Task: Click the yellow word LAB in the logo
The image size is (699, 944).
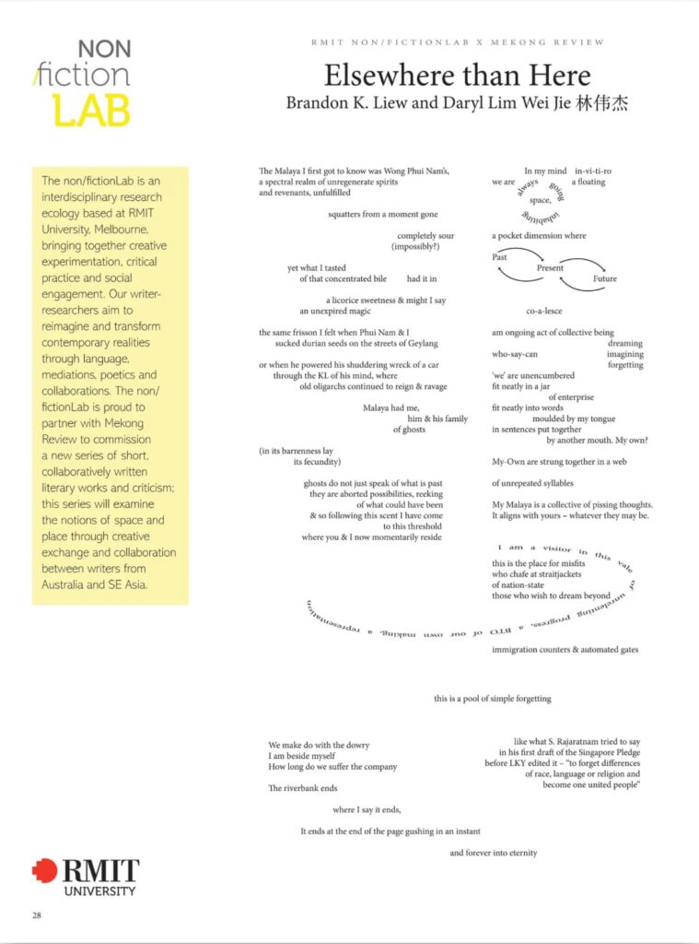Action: pos(92,109)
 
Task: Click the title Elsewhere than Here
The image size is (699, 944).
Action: pos(457,75)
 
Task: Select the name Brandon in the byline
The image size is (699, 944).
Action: pos(315,103)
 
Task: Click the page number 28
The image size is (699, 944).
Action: pos(37,915)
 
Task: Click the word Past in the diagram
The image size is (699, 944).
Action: pos(500,257)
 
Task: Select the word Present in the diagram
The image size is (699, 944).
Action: pos(551,268)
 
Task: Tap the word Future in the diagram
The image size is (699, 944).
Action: pos(605,278)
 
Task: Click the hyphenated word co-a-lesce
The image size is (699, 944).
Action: pos(543,311)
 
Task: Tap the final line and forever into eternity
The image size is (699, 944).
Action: pos(493,853)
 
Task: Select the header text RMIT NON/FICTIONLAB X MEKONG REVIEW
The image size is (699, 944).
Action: pos(457,42)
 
